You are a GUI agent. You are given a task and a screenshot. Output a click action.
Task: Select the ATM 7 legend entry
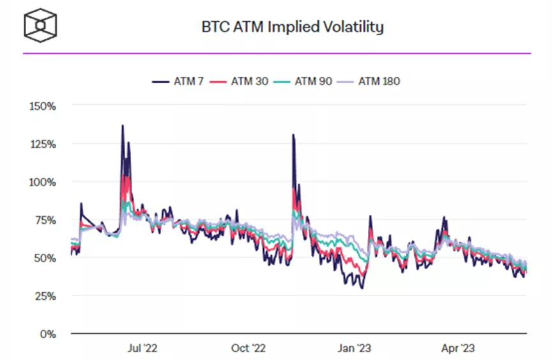pyautogui.click(x=178, y=81)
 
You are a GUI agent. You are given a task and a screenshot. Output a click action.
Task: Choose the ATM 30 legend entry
pyautogui.click(x=245, y=81)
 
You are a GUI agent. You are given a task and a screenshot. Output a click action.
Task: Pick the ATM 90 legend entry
pyautogui.click(x=309, y=81)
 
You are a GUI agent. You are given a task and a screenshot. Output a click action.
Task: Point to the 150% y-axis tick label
pyautogui.click(x=42, y=106)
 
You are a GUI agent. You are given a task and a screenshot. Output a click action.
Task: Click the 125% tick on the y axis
pyautogui.click(x=42, y=144)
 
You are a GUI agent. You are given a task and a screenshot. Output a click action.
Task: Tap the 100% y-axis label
pyautogui.click(x=42, y=182)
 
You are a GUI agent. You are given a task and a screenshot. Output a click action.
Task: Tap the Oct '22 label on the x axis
pyautogui.click(x=249, y=348)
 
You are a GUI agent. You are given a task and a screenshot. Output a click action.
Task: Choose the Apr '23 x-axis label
pyautogui.click(x=457, y=348)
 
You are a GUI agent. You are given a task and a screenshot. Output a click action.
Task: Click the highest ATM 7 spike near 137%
pyautogui.click(x=123, y=125)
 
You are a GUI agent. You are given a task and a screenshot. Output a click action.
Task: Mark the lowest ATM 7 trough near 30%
pyautogui.click(x=362, y=288)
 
